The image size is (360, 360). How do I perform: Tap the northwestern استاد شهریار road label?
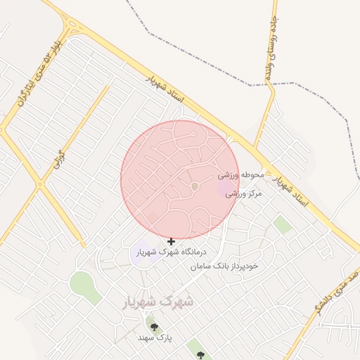coord(163,89)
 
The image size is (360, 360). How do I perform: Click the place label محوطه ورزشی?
coord(240,174)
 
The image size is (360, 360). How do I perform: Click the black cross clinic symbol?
coord(171,241)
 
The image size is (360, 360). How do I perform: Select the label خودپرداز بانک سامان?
coord(224,266)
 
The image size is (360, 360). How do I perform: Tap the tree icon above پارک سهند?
coord(154,326)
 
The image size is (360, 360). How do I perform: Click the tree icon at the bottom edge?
coord(200,356)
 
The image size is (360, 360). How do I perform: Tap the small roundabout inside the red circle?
coord(195,186)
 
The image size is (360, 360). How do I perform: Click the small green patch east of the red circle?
coord(283,225)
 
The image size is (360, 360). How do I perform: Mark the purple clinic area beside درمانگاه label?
coord(143,252)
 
